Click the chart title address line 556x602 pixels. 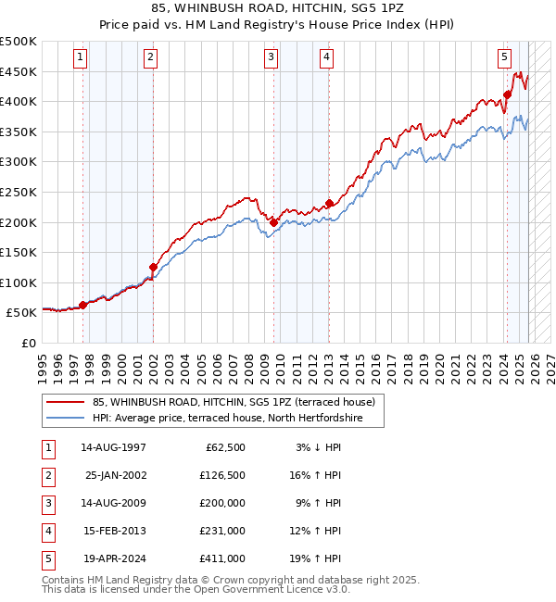point(278,7)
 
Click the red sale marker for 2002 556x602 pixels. point(153,267)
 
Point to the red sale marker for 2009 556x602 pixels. point(274,222)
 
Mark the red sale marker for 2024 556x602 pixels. point(508,94)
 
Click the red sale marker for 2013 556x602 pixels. point(329,204)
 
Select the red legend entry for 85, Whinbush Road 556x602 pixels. point(234,402)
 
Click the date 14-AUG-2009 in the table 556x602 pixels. point(113,504)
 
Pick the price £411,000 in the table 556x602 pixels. point(223,558)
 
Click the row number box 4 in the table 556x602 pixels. point(47,532)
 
